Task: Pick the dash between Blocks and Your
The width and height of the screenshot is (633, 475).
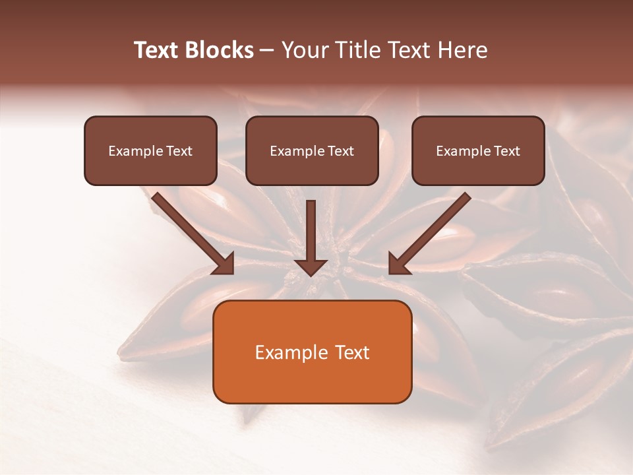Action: [267, 51]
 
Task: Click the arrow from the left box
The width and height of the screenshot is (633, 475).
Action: [191, 231]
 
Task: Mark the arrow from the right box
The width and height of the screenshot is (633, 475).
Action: [432, 231]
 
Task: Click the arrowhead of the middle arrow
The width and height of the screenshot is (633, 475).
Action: [311, 267]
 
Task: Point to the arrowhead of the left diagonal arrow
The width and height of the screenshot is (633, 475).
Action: [224, 263]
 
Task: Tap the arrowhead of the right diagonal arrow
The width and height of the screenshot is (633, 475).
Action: [398, 263]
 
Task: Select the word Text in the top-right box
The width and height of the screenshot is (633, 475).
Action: [506, 151]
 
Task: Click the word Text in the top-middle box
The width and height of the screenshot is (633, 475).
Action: [340, 151]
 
